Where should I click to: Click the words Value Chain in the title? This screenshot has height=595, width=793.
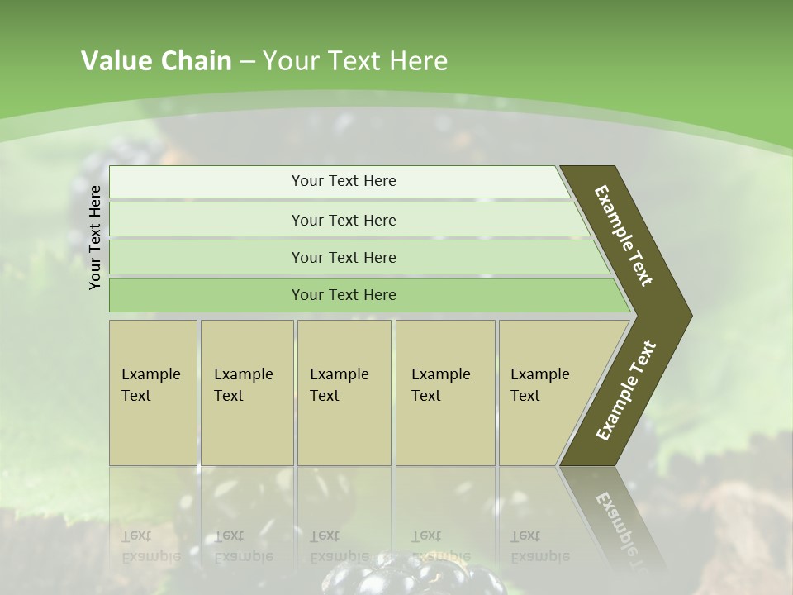tap(156, 61)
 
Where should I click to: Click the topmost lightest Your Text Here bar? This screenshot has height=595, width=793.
tap(343, 181)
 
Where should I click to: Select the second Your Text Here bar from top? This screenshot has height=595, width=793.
tap(343, 220)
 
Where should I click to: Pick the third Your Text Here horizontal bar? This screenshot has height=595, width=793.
tap(343, 257)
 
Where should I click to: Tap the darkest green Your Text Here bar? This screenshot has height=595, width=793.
tap(343, 295)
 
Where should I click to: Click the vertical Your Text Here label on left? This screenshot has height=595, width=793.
tap(95, 237)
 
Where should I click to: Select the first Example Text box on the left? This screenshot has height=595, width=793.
tap(153, 393)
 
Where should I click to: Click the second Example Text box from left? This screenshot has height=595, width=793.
tap(246, 393)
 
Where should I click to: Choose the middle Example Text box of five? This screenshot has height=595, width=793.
tap(343, 393)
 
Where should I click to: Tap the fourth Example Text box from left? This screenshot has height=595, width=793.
tap(444, 393)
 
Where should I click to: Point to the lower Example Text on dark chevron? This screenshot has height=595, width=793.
tap(626, 391)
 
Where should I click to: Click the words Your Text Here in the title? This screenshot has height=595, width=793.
tap(355, 61)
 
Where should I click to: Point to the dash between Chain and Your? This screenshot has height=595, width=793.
tap(246, 62)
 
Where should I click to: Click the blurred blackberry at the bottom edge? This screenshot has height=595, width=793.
tap(413, 578)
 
